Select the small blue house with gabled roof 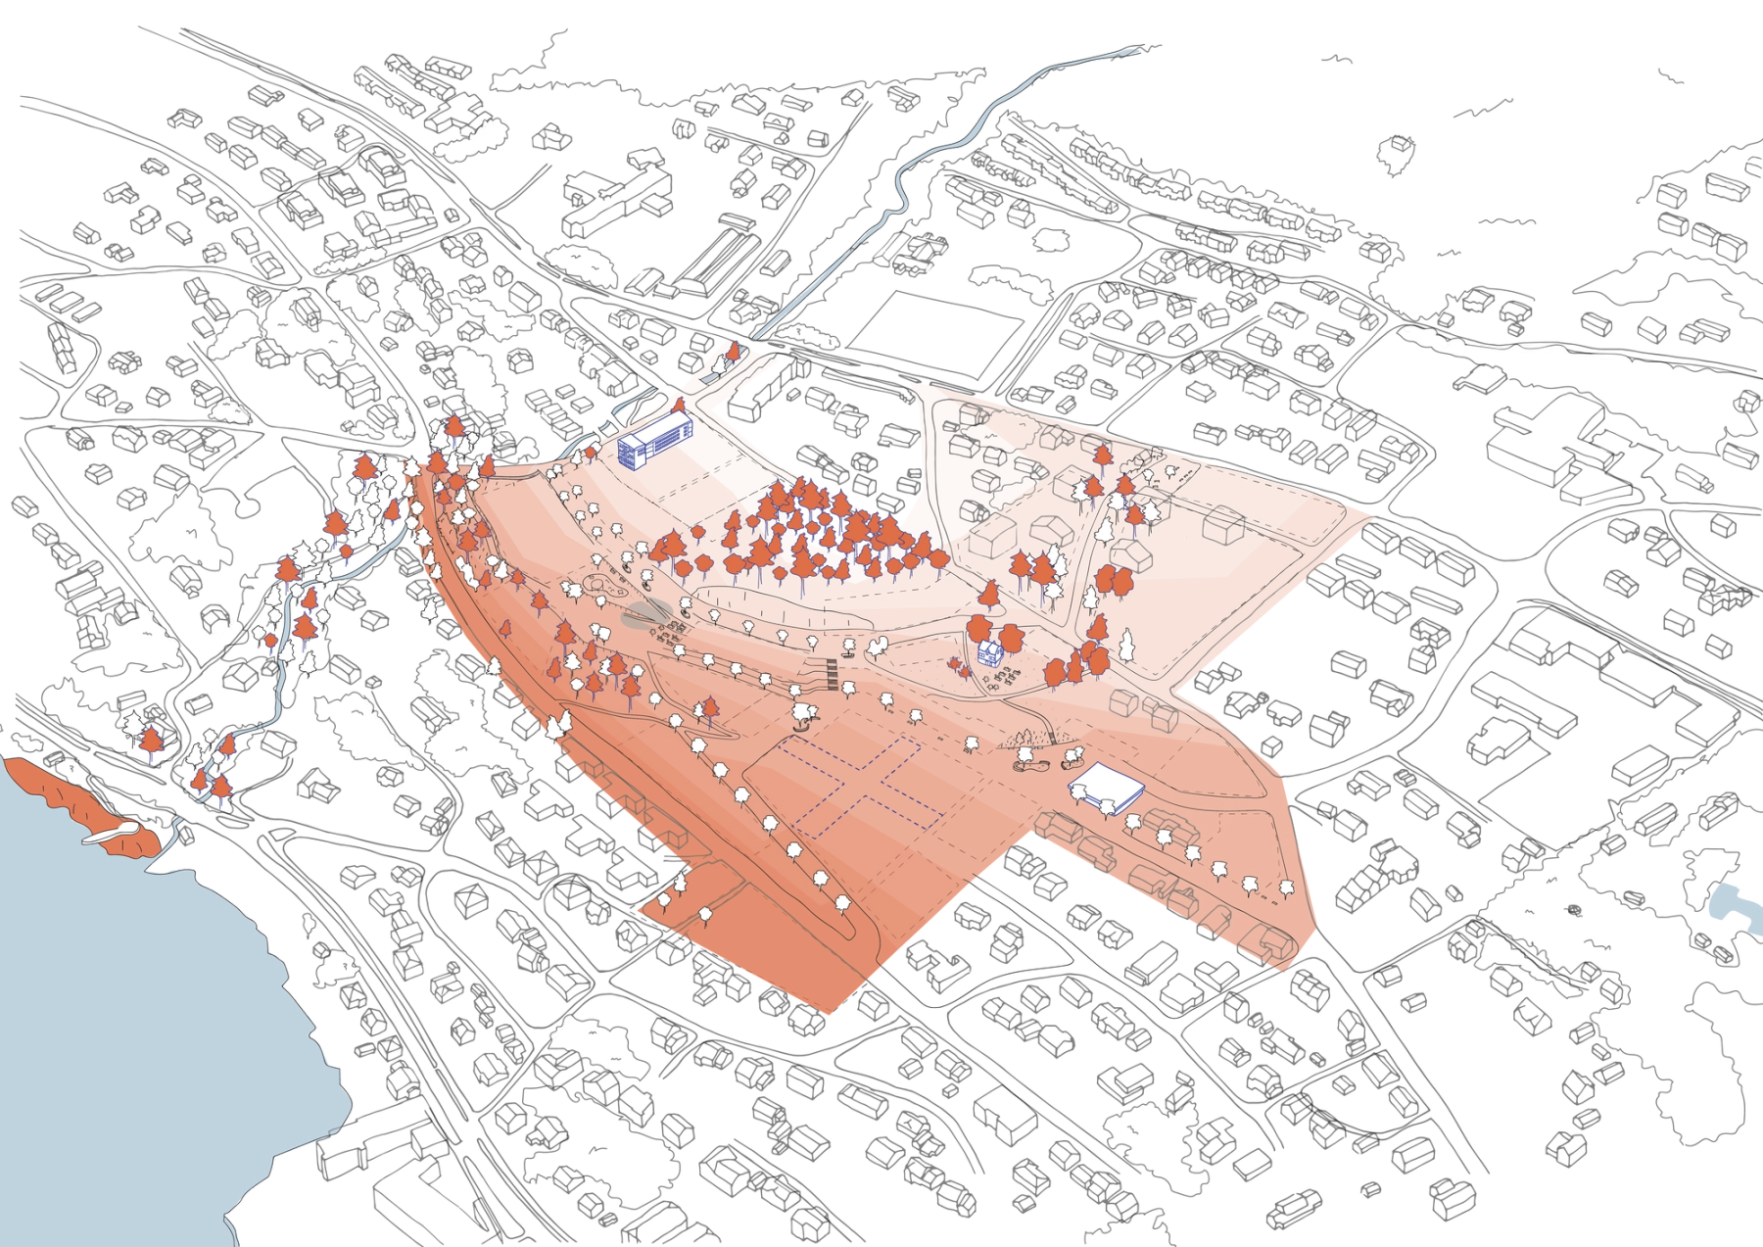point(989,651)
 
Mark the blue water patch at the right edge point(1734,906)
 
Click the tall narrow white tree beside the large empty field point(1126,645)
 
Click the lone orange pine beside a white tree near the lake point(152,743)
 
